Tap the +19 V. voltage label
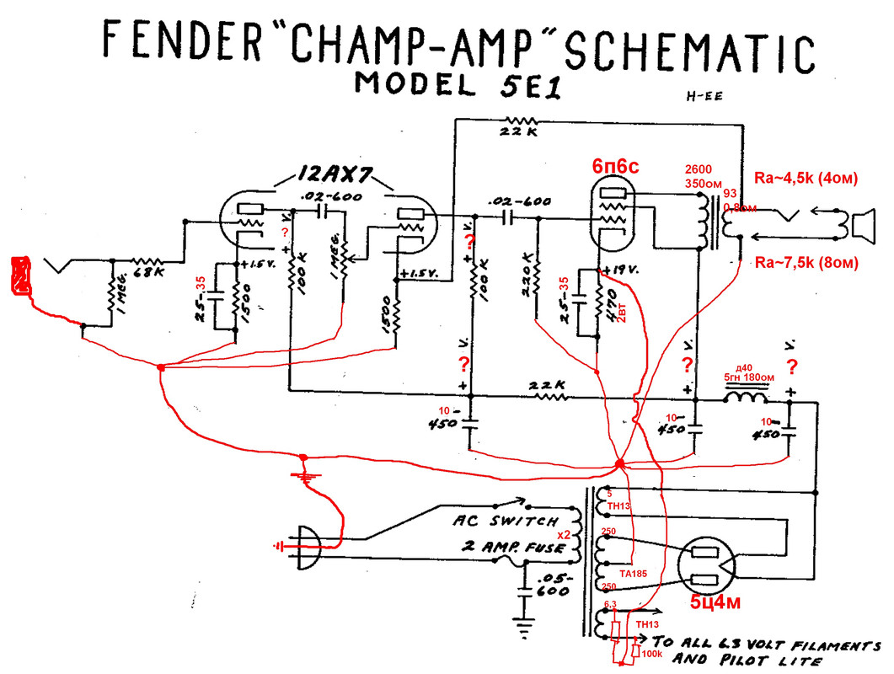click(x=624, y=270)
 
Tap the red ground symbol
click(x=302, y=476)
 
